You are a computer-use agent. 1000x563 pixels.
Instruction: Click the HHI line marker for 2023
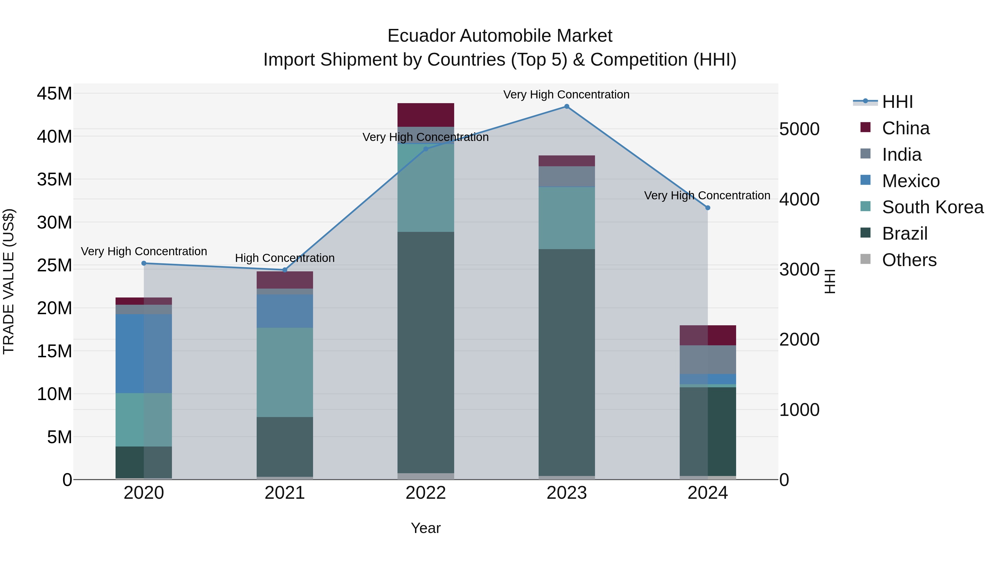point(566,106)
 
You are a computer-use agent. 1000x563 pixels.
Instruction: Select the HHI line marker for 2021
point(284,270)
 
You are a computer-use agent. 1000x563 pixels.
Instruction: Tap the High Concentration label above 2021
point(284,258)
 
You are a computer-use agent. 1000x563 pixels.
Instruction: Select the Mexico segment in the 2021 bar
point(284,311)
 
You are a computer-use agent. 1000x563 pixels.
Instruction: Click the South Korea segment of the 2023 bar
point(566,218)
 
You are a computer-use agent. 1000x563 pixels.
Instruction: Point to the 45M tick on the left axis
point(54,94)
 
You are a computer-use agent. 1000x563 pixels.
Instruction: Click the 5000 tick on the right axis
point(799,129)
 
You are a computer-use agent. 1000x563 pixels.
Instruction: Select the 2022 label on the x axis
point(426,493)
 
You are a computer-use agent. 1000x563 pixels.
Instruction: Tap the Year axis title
point(426,528)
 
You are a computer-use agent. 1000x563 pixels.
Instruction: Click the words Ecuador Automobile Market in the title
point(500,36)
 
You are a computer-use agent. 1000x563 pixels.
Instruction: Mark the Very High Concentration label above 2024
point(707,195)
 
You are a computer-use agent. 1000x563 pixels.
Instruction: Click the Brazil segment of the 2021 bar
point(284,447)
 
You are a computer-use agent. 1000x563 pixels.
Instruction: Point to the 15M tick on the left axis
point(54,351)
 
